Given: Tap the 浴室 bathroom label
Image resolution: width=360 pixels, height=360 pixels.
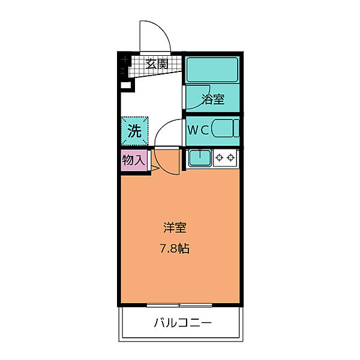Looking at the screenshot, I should (212, 99).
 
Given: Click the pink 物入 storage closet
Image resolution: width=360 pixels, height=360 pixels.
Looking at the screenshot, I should (134, 161).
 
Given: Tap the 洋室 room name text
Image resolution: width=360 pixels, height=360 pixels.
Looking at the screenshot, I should (175, 228).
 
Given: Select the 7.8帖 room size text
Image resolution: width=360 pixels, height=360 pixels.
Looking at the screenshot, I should (175, 248).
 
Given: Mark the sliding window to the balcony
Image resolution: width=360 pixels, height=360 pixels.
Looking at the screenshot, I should (179, 305).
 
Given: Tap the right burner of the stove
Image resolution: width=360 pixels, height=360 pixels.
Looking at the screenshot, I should (231, 158).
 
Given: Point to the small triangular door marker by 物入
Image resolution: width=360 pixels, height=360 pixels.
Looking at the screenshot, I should (154, 170).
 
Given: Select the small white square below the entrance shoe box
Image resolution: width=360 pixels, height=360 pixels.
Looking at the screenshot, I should (125, 85).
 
